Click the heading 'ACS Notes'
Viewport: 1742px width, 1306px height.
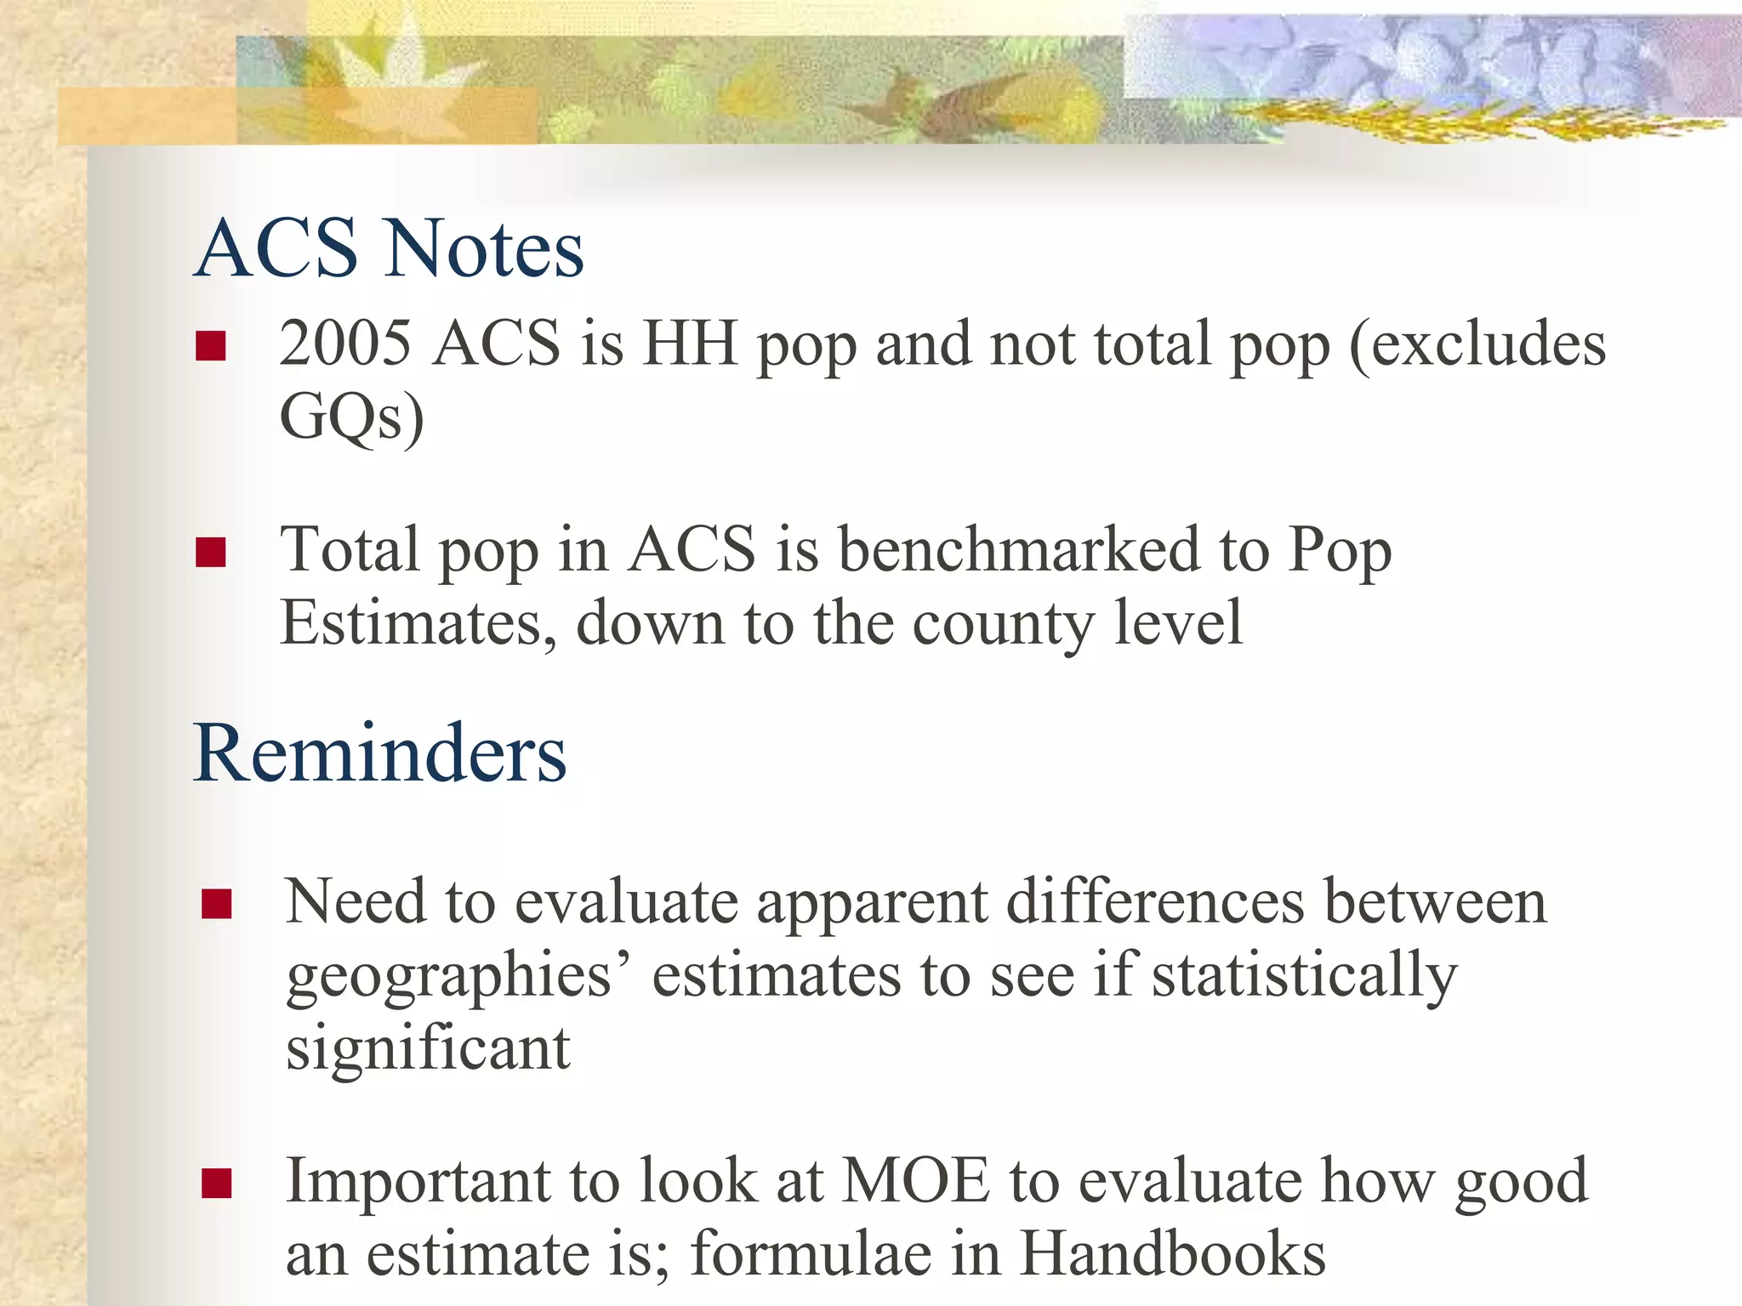pyautogui.click(x=390, y=248)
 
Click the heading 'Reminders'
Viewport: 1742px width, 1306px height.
pyautogui.click(x=380, y=753)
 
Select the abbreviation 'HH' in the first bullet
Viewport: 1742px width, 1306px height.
pyautogui.click(x=690, y=344)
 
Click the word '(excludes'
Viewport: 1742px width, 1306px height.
pyautogui.click(x=1477, y=344)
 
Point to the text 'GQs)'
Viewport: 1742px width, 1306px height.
pyautogui.click(x=351, y=417)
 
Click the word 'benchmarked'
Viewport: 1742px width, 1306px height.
pyautogui.click(x=1019, y=549)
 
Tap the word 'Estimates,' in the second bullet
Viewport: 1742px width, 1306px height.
pyautogui.click(x=418, y=623)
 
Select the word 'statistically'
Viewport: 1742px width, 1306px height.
pyautogui.click(x=1304, y=976)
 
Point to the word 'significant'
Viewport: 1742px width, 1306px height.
pyautogui.click(x=428, y=1049)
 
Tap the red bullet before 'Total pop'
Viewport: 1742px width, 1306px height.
pyautogui.click(x=210, y=552)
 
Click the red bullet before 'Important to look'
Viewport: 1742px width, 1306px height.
pyautogui.click(x=217, y=1183)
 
